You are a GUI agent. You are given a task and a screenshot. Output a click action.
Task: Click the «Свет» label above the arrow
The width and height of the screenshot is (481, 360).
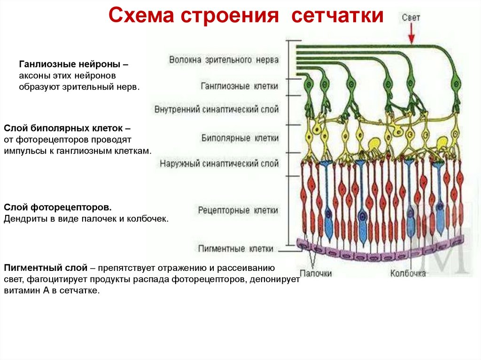click(x=411, y=17)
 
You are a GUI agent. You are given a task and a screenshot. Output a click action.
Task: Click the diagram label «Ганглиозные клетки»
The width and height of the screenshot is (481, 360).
click(x=239, y=86)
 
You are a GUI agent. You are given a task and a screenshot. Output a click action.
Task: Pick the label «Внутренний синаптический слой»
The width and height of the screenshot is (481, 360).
click(x=216, y=109)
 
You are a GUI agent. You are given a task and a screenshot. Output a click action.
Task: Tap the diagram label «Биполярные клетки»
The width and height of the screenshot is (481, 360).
click(x=240, y=138)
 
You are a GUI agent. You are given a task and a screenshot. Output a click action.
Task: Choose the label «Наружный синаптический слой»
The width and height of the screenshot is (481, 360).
click(x=219, y=164)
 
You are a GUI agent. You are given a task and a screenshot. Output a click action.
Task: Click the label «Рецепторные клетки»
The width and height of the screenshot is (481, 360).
click(x=238, y=210)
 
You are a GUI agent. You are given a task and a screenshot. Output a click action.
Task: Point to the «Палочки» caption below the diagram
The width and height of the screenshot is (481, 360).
click(x=316, y=273)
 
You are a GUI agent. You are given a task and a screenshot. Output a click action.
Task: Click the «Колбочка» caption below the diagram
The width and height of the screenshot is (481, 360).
click(x=407, y=273)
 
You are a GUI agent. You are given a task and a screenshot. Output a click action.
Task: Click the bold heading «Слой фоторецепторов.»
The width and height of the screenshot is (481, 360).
click(x=58, y=207)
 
